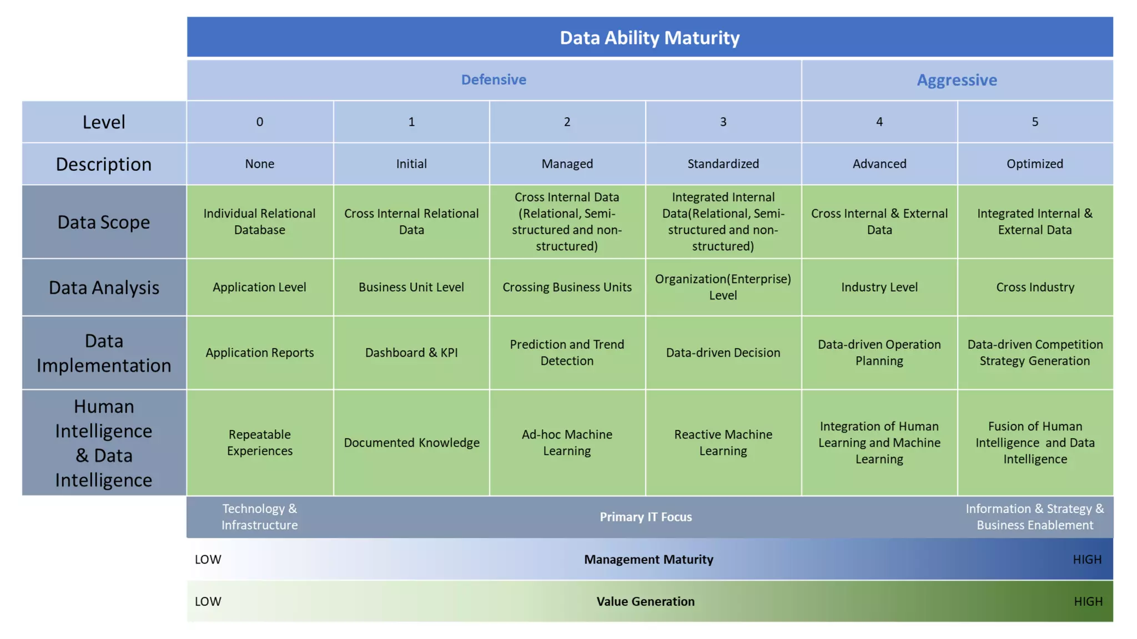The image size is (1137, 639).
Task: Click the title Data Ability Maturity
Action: [650, 38]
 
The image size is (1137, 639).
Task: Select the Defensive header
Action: [494, 80]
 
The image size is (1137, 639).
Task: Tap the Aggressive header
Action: [957, 80]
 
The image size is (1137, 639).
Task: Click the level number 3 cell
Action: [723, 122]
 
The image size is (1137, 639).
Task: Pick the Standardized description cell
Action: [723, 164]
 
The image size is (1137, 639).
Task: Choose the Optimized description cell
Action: [1035, 164]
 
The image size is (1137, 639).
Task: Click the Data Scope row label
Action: [104, 222]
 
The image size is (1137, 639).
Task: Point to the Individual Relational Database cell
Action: [259, 221]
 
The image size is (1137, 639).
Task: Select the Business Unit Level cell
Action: [411, 287]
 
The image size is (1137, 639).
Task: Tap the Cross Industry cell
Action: [1035, 287]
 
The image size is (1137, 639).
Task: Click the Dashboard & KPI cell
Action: [411, 353]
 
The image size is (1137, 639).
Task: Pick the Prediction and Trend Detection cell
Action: [567, 353]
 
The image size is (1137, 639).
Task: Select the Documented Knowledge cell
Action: [411, 443]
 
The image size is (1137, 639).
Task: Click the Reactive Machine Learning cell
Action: [723, 443]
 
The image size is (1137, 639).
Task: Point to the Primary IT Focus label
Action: [646, 517]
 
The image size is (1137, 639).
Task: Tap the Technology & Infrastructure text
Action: [259, 517]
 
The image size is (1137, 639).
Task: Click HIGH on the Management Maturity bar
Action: [1086, 560]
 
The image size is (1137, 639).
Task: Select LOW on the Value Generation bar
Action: [208, 602]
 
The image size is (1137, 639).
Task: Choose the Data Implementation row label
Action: [104, 353]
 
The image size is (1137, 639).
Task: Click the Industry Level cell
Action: [879, 287]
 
